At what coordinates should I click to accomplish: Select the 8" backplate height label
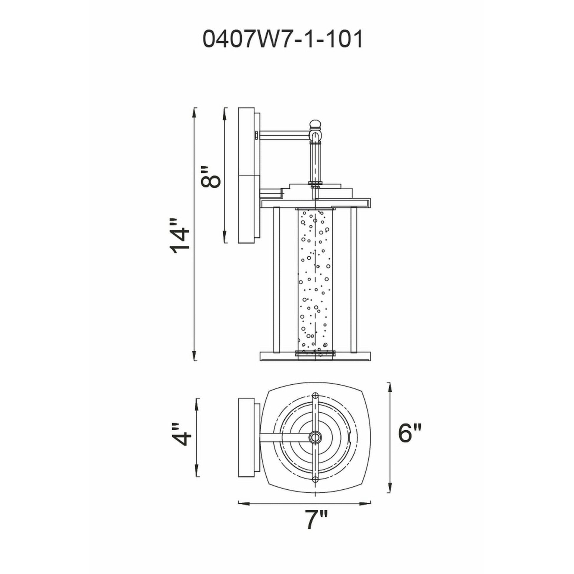tap(211, 177)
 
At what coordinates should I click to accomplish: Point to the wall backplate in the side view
tap(246, 175)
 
